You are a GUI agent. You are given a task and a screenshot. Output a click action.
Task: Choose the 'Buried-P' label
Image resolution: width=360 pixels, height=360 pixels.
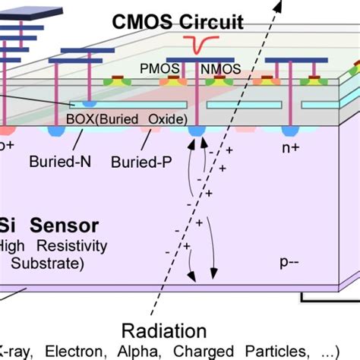[x=140, y=162]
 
